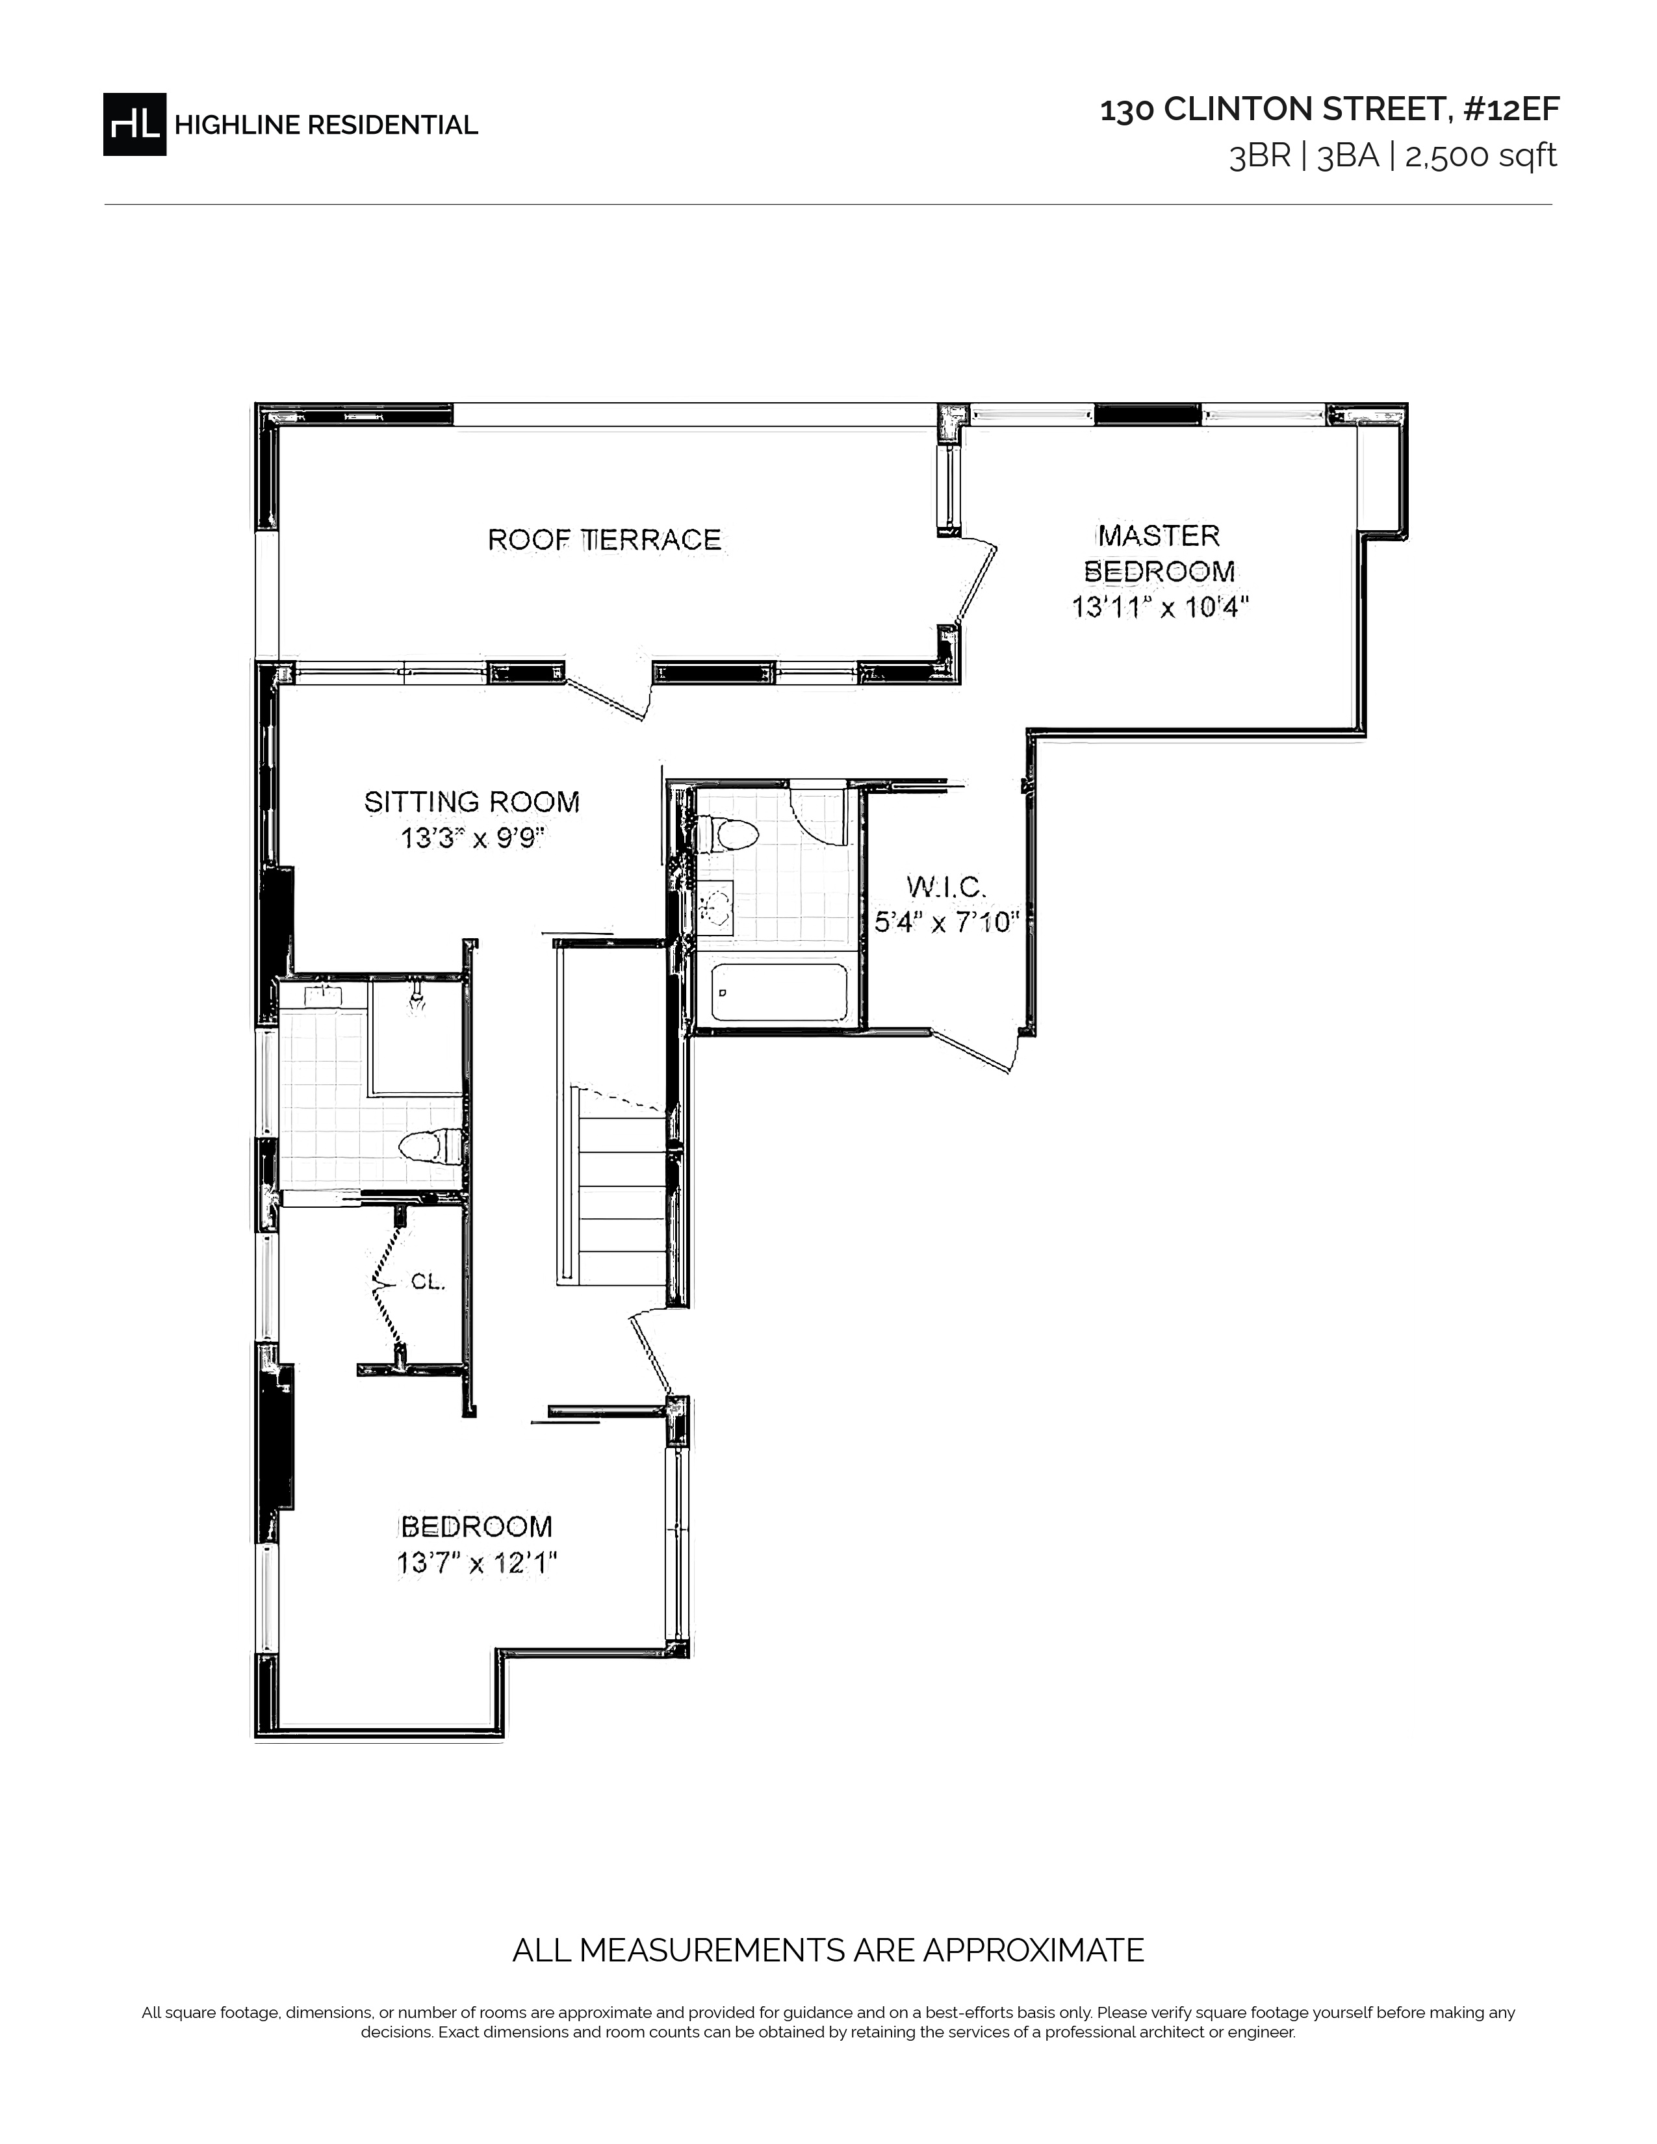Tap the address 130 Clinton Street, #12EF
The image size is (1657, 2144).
pyautogui.click(x=1329, y=110)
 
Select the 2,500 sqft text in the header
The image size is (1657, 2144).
pyautogui.click(x=1482, y=156)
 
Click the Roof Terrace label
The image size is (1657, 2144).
pyautogui.click(x=605, y=539)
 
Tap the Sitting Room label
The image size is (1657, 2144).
pyautogui.click(x=472, y=802)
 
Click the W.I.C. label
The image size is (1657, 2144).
pyautogui.click(x=946, y=887)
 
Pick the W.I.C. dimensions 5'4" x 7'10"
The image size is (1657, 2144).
pyautogui.click(x=946, y=923)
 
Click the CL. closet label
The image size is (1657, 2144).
pyautogui.click(x=428, y=1282)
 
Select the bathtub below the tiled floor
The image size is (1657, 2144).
pyautogui.click(x=779, y=993)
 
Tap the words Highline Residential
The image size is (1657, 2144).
pyautogui.click(x=326, y=125)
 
